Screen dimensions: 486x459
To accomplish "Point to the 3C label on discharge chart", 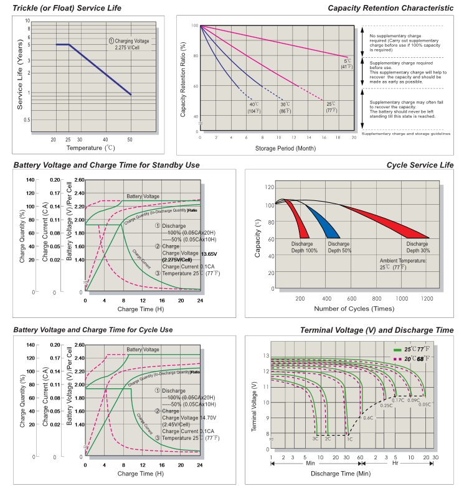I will tap(316, 439).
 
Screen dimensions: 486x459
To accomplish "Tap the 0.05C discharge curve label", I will tap(425, 404).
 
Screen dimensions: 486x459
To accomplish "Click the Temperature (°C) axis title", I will tap(92, 148).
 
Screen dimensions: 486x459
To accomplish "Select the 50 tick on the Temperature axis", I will tap(130, 139).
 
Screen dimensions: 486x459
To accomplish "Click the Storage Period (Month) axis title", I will tap(277, 148).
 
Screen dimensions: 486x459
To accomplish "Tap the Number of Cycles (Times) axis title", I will tap(354, 309).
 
